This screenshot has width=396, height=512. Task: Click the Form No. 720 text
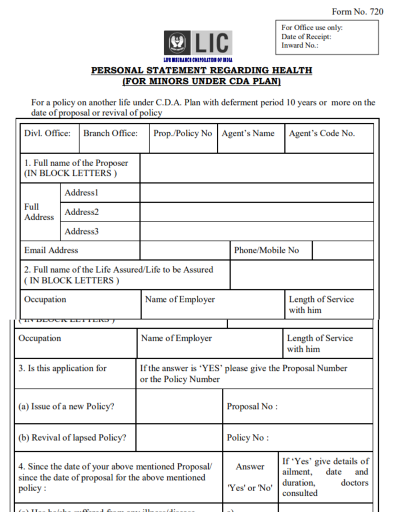357,11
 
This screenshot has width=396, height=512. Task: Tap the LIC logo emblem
177,43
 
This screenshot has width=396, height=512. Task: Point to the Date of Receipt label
306,36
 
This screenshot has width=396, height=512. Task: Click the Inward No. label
299,45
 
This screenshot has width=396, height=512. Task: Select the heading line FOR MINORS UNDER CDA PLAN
201,81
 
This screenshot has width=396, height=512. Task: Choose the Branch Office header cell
110,133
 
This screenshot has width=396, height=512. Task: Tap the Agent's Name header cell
248,133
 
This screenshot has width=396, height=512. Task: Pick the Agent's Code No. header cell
321,133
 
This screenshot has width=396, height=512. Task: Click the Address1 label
82,192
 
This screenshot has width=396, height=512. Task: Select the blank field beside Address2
256,212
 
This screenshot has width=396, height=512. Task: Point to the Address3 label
82,231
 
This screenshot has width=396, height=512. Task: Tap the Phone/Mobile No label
266,250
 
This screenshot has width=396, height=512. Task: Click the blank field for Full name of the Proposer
256,168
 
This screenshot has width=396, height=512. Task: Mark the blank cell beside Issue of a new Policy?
179,406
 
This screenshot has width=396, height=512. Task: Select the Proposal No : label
252,406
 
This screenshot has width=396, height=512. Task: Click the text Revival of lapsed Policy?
72,437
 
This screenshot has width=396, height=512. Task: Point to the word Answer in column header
250,466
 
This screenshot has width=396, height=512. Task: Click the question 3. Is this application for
63,368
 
